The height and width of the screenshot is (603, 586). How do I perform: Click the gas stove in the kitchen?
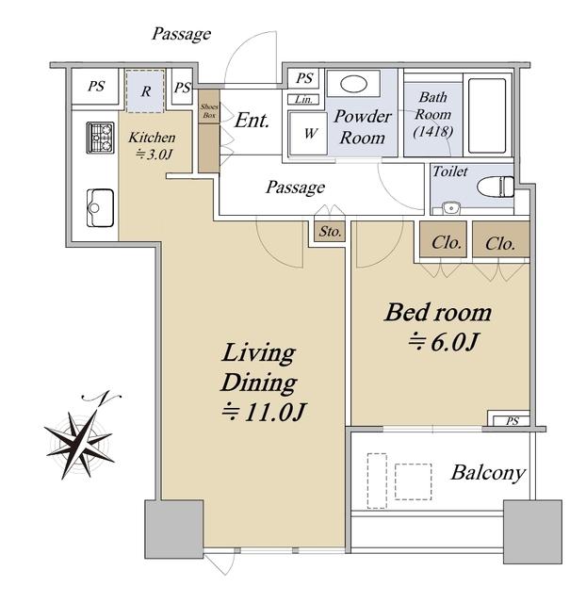(x=101, y=138)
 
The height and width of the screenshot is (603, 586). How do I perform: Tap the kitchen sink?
(x=100, y=207)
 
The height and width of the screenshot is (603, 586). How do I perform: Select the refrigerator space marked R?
(x=145, y=91)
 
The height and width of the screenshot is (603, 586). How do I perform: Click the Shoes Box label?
(x=209, y=111)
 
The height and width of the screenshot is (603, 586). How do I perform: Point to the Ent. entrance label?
(x=252, y=121)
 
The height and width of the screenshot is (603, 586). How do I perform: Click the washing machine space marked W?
(x=310, y=134)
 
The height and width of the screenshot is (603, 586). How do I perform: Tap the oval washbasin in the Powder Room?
(x=353, y=84)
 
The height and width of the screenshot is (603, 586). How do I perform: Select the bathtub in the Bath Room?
(x=487, y=116)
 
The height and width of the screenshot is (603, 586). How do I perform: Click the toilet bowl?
(x=496, y=187)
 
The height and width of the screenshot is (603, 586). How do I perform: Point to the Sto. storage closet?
(x=330, y=232)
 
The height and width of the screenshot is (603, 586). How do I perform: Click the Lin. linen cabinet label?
(x=303, y=100)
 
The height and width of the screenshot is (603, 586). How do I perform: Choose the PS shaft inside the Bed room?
(x=512, y=421)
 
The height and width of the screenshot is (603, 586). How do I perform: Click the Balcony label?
(x=488, y=473)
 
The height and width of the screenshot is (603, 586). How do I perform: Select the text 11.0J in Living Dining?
(x=274, y=412)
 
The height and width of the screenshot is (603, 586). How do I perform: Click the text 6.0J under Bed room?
(x=454, y=342)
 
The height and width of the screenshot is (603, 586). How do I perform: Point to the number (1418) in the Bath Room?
(x=433, y=132)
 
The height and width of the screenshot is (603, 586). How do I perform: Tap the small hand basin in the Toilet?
(x=450, y=208)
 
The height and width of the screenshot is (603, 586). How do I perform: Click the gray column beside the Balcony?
(x=532, y=531)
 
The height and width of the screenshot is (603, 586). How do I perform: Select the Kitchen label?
(x=152, y=138)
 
